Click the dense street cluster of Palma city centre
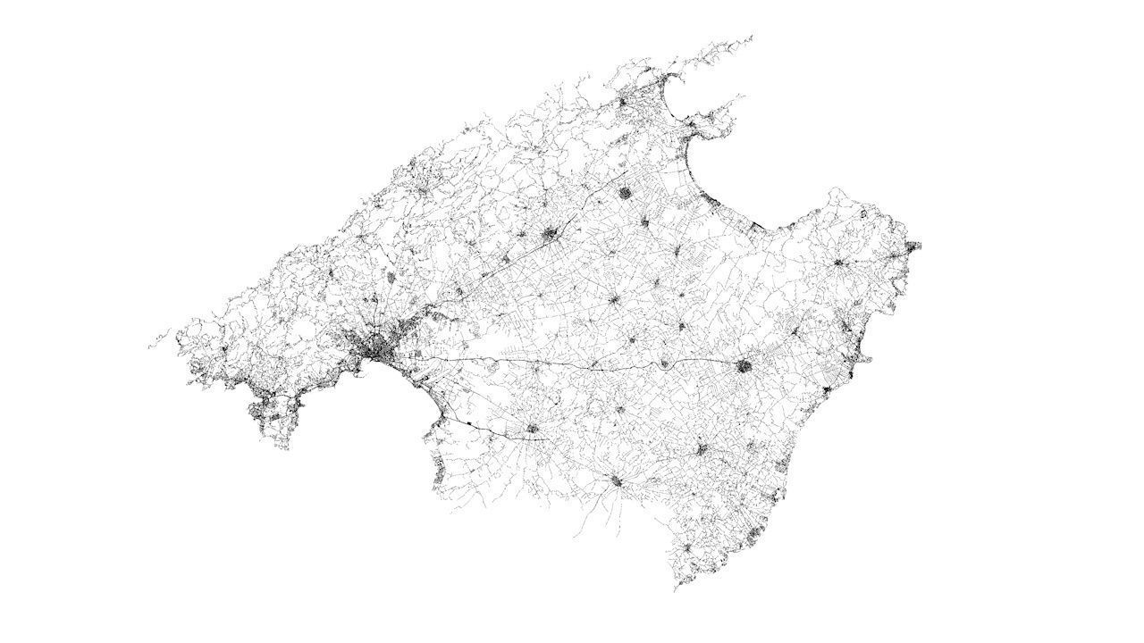point(383,349)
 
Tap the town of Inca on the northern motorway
point(551,235)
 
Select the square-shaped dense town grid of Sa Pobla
point(626,191)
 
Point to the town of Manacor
point(744,365)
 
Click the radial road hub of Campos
point(616,481)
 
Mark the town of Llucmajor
point(534,429)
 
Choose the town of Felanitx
point(702,449)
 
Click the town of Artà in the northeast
point(838,263)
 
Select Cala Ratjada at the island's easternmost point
point(912,246)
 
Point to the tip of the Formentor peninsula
point(751,37)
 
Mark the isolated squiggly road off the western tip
point(159,339)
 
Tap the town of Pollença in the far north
point(624,102)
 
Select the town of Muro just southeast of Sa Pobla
point(645,221)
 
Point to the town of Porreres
point(619,410)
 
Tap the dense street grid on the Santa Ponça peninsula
point(264,411)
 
